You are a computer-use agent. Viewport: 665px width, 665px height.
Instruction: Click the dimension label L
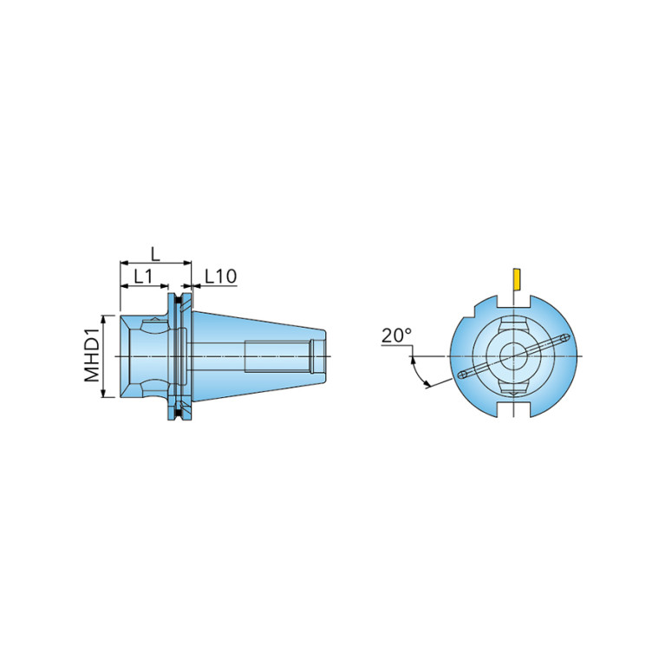[156, 254]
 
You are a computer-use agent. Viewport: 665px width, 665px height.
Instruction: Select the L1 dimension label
[143, 277]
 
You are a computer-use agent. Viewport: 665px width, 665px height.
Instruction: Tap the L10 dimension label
[220, 277]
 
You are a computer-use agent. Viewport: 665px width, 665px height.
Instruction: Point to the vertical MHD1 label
[92, 356]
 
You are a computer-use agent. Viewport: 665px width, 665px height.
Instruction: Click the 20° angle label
[397, 336]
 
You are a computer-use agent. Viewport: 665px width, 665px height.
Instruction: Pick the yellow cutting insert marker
[517, 279]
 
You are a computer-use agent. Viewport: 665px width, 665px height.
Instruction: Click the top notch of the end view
[513, 302]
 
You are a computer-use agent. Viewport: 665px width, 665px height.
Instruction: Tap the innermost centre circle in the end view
[513, 355]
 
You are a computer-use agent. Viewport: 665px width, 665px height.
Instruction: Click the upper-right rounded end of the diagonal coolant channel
[564, 338]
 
